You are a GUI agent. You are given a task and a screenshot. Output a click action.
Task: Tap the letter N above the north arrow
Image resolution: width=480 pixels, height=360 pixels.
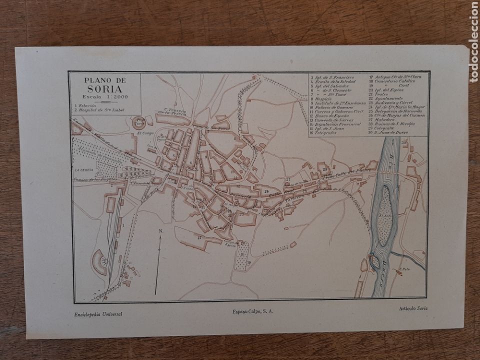[161, 231]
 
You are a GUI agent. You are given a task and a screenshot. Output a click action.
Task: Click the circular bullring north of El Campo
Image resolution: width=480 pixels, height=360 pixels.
[138, 121]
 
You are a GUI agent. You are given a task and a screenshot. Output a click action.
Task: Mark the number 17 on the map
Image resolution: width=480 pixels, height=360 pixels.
[199, 237]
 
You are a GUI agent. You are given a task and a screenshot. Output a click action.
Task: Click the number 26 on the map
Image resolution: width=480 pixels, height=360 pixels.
[266, 191]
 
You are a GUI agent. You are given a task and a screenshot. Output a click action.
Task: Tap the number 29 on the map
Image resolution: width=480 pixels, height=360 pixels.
[325, 169]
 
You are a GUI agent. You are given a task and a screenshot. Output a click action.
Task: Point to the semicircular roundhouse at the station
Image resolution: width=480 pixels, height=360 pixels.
[99, 261]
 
